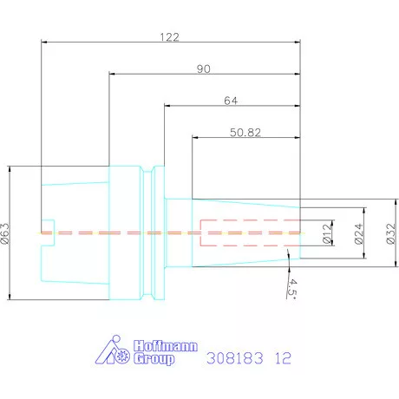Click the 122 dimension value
(x=170, y=37)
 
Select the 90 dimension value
(x=204, y=69)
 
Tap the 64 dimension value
(x=231, y=101)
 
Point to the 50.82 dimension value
(x=245, y=133)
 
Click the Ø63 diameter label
(x=5, y=233)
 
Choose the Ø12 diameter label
(x=326, y=233)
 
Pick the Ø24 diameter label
(x=358, y=233)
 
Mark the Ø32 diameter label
(x=390, y=233)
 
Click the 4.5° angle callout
(x=292, y=288)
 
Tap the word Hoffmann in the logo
(x=166, y=346)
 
